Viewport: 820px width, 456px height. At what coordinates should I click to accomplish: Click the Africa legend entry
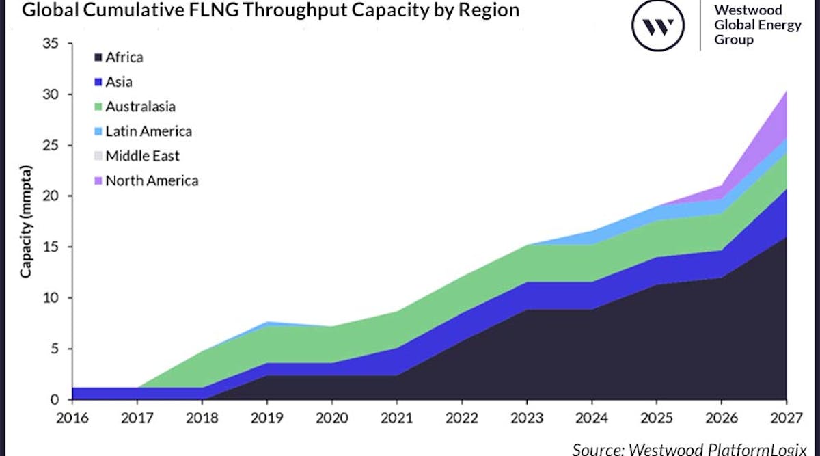(124, 57)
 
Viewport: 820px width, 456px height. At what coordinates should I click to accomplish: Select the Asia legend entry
(118, 82)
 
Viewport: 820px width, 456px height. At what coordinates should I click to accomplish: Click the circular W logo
(657, 27)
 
